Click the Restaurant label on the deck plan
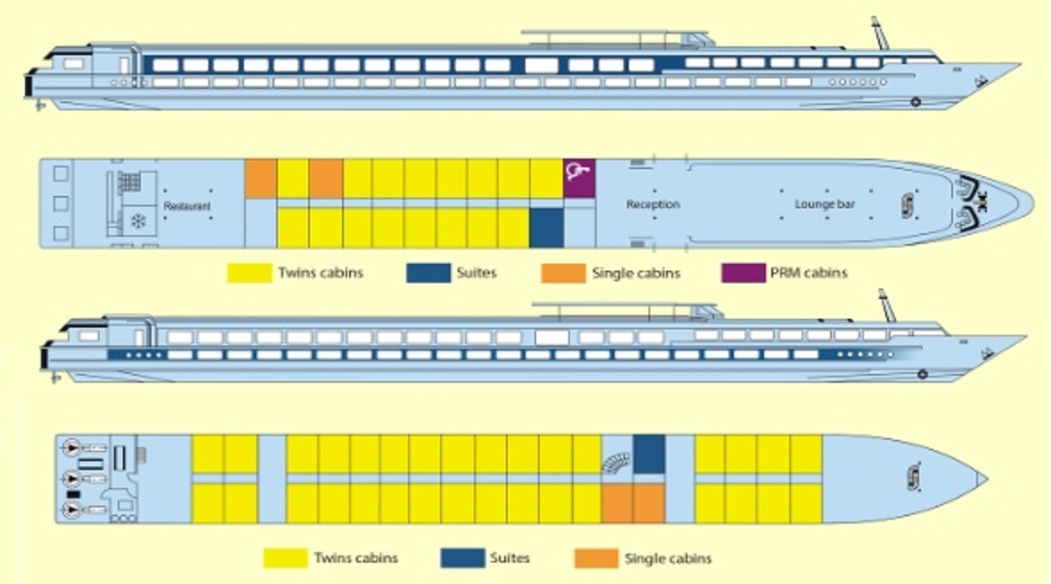pos(187,207)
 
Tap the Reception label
pos(653,205)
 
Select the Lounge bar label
pos(825,205)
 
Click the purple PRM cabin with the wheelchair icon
pos(579,179)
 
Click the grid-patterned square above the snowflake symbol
pos(130,182)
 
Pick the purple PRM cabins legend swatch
pos(743,273)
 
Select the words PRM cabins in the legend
pos(809,273)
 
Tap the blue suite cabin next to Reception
pos(546,228)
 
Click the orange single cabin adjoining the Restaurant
pos(260,179)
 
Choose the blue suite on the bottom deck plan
pos(649,455)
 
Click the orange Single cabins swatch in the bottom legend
pos(596,558)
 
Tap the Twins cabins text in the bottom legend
pos(355,558)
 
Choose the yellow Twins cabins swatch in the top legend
pos(249,273)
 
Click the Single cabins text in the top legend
pos(635,273)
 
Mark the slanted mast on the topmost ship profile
pos(881,34)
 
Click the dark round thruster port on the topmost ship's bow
pos(915,102)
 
